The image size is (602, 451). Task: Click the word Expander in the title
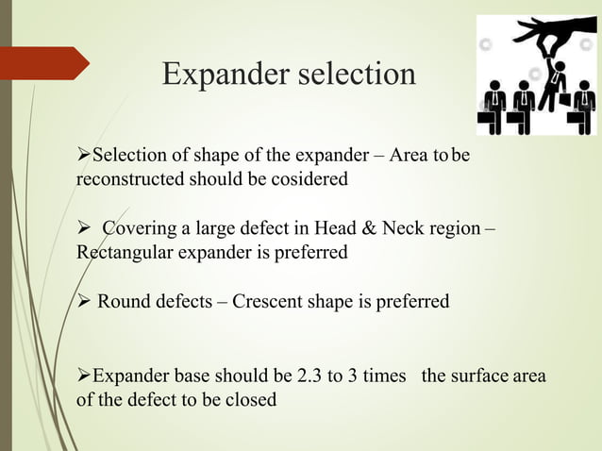coord(225,74)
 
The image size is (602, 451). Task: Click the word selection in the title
coord(357,74)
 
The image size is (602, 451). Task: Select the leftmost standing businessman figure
coord(493,106)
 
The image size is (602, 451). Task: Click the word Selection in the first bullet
coord(130,155)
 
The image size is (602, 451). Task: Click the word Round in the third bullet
coord(122,302)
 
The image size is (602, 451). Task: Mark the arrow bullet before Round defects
coord(83,302)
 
